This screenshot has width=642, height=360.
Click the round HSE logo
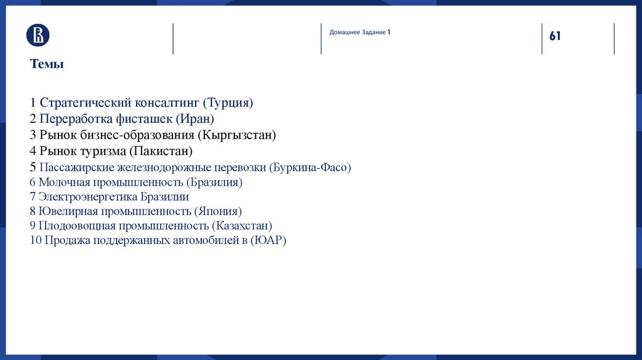[38, 35]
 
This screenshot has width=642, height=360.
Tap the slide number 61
[555, 36]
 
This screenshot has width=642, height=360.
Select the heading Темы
[46, 64]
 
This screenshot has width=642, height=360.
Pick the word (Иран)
[195, 119]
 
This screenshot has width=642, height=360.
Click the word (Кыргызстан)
[236, 135]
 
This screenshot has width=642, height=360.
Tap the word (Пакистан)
[160, 151]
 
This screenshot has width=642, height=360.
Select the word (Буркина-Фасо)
[310, 167]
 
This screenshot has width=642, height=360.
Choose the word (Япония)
[218, 211]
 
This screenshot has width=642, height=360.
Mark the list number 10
[36, 240]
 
